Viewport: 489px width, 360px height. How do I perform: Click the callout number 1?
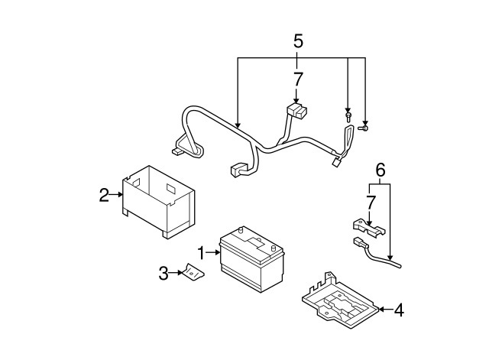(x=202, y=253)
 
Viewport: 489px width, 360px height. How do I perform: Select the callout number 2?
(x=104, y=195)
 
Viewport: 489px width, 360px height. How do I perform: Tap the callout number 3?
(x=164, y=274)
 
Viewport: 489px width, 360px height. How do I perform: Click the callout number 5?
(x=298, y=41)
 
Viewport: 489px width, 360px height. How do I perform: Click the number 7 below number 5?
(x=298, y=79)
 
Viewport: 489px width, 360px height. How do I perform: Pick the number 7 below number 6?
(x=370, y=203)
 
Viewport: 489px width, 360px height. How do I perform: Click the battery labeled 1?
(x=252, y=259)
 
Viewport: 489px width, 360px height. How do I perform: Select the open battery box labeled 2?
(x=158, y=202)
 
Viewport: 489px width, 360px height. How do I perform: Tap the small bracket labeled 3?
(x=193, y=271)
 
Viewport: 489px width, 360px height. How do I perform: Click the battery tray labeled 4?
(x=341, y=300)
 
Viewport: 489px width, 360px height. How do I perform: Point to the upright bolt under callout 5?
(x=348, y=115)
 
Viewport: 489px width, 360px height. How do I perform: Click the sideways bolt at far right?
(x=364, y=128)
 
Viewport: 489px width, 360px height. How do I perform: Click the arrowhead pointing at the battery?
(x=218, y=252)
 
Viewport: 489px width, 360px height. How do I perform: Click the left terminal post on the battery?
(x=241, y=230)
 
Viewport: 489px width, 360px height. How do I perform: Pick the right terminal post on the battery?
(x=274, y=248)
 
